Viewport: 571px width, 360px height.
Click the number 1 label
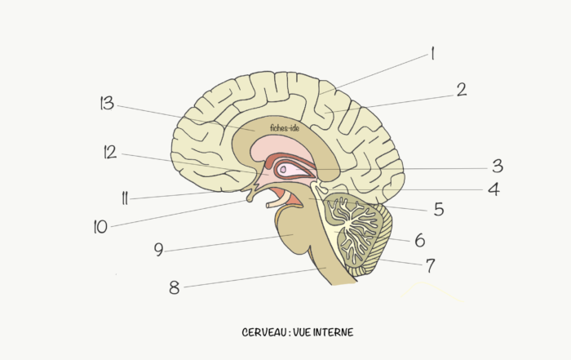(x=432, y=53)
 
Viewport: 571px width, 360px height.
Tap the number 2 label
(x=462, y=90)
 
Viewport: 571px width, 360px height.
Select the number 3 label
(x=498, y=167)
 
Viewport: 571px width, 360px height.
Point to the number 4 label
(x=494, y=189)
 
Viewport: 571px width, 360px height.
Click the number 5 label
(x=439, y=210)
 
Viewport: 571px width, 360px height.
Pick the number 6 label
(x=420, y=241)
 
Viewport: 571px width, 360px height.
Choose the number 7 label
(x=431, y=265)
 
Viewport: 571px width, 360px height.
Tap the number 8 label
(x=175, y=287)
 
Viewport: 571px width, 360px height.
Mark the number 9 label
(x=158, y=250)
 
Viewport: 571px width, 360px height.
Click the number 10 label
(x=100, y=227)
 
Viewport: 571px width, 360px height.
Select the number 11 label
(x=125, y=198)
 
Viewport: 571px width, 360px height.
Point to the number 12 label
(x=110, y=152)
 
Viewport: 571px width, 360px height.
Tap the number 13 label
(x=107, y=103)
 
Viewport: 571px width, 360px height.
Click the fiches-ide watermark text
(x=285, y=128)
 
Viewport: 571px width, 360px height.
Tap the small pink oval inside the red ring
(x=283, y=169)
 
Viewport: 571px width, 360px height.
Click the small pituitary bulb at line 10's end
(x=250, y=199)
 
